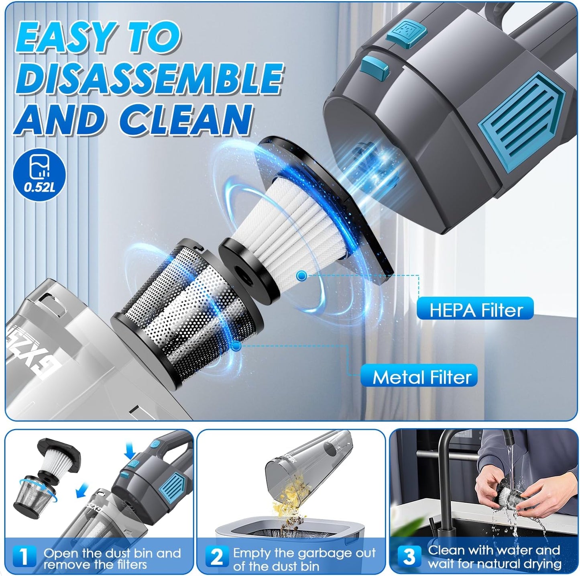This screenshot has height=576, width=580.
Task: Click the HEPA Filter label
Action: [475, 310]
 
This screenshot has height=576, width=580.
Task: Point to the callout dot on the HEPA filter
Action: [302, 276]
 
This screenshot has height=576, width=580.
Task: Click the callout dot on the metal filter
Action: [236, 346]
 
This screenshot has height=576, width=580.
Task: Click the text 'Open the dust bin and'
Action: [112, 553]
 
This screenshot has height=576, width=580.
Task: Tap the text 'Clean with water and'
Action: [494, 550]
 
